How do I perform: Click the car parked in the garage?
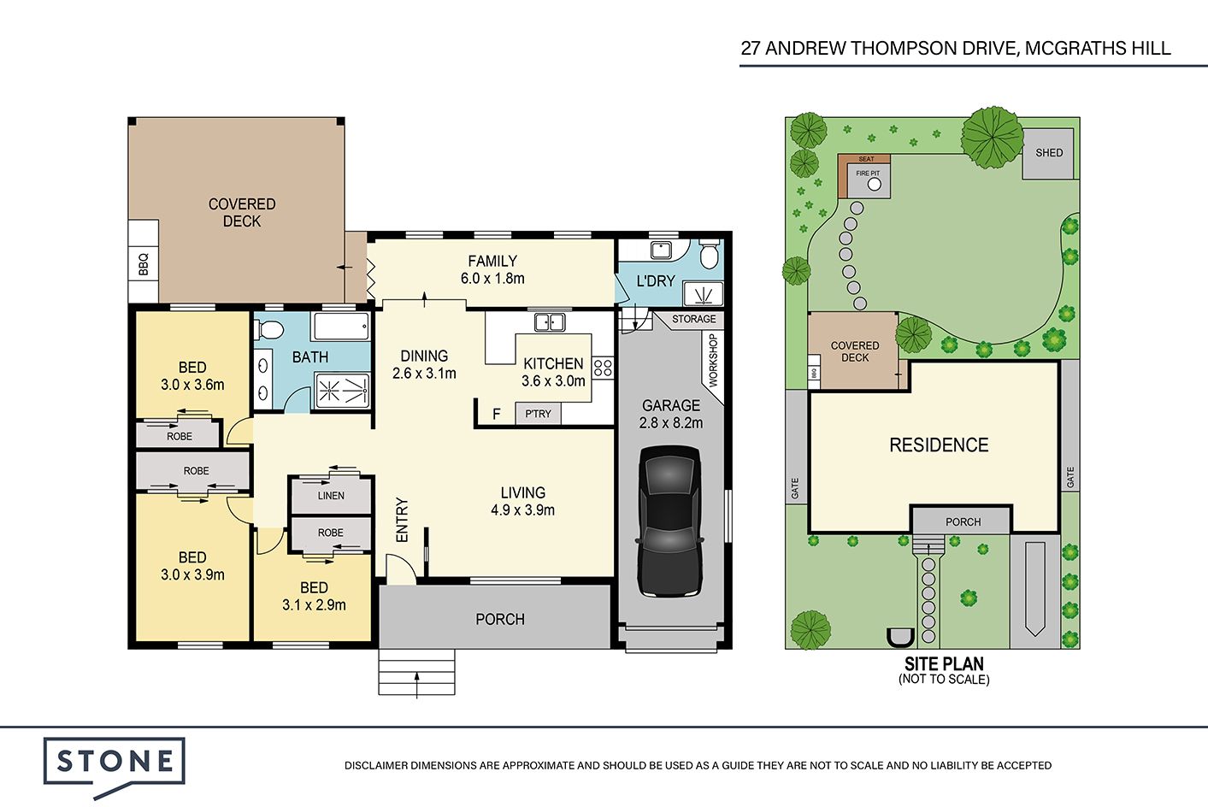point(670,521)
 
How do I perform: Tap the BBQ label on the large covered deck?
point(143,265)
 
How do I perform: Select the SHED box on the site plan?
point(1048,154)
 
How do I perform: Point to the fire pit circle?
point(875,185)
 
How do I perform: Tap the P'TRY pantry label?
point(538,414)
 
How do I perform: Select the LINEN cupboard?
point(331,496)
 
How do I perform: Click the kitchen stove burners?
point(603,368)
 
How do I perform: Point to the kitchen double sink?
point(550,322)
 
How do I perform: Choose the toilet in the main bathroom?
point(269,329)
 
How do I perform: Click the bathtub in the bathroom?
point(341,326)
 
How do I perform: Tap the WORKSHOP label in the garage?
point(713,360)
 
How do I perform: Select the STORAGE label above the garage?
point(693,319)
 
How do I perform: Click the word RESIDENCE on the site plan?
point(939,445)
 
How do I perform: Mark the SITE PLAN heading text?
point(944,663)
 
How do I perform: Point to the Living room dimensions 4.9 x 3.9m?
point(522,510)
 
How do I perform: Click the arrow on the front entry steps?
point(416,685)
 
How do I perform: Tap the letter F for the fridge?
point(496,414)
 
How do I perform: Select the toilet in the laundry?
point(709,254)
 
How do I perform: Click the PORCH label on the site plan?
point(963,521)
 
